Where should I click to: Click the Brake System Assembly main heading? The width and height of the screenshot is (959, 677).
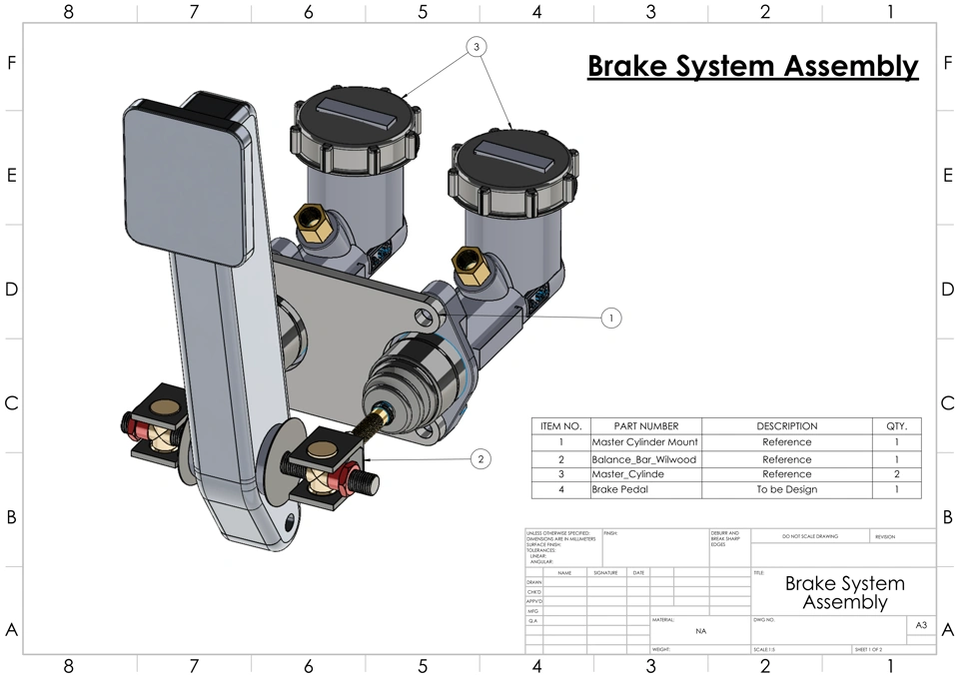click(752, 66)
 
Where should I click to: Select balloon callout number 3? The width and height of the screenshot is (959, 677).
click(477, 47)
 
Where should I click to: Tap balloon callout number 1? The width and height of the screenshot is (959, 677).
click(611, 318)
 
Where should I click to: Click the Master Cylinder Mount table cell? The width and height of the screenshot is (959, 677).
click(644, 442)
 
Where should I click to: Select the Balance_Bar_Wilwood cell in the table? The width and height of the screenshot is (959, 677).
click(644, 459)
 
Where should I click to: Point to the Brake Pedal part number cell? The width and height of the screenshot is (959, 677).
click(644, 490)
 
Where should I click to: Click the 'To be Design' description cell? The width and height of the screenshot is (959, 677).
click(786, 490)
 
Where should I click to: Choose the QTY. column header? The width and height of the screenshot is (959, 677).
click(896, 426)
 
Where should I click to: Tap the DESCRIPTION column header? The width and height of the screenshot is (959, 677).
click(786, 426)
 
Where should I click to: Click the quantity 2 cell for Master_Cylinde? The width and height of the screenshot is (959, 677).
click(896, 474)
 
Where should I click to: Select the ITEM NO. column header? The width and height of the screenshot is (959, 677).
click(560, 426)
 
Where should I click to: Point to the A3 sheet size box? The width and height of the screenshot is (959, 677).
click(921, 626)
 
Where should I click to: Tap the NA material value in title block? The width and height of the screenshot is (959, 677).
click(700, 631)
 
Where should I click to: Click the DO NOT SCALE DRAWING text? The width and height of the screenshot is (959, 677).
click(810, 537)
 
